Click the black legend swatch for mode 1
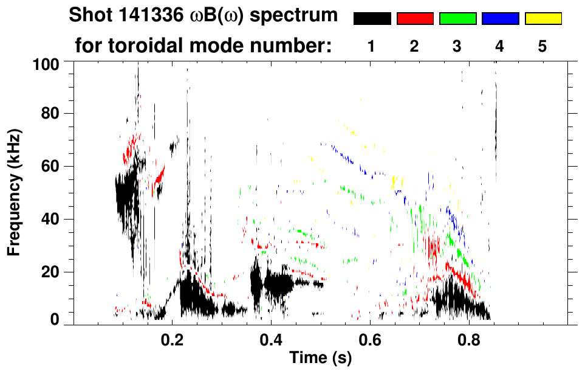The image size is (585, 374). pos(372,19)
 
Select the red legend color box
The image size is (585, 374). pos(415,19)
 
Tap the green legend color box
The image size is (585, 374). pos(457,19)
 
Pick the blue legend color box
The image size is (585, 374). pos(500,19)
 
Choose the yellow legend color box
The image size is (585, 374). pos(542,19)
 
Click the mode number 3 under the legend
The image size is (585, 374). pos(457,47)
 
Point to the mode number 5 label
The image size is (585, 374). pos(542,47)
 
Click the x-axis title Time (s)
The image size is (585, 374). pos(320,358)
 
